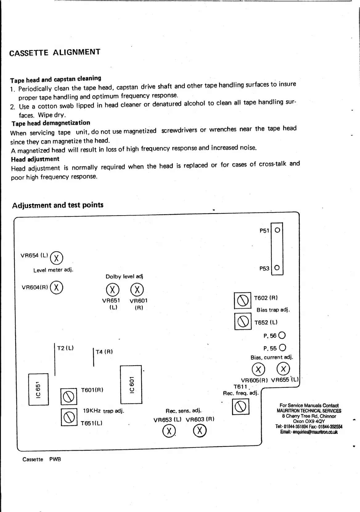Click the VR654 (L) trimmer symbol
tap(56, 258)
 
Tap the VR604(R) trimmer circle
tap(56, 287)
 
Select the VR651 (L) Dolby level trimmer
tap(112, 290)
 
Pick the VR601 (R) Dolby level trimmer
tap(137, 290)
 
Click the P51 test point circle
tap(277, 230)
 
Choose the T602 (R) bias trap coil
tap(243, 300)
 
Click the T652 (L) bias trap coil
tap(243, 321)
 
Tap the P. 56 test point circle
tap(282, 335)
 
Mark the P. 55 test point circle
tap(282, 348)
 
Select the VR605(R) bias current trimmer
tap(258, 369)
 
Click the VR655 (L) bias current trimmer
tap(283, 369)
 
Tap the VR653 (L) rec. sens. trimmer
tap(169, 431)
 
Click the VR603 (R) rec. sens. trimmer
tap(200, 430)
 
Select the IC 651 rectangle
tap(39, 389)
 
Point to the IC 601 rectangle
tap(131, 384)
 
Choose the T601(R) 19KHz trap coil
tap(69, 396)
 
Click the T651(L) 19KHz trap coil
tap(69, 417)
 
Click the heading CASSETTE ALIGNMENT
tap(55, 52)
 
